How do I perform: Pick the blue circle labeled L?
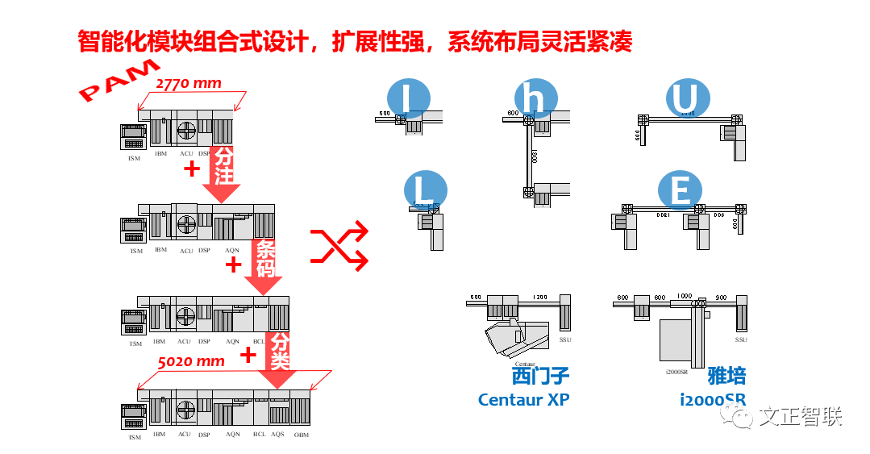coord(424,192)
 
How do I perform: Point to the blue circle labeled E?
coord(680,192)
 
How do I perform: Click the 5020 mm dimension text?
coord(191,361)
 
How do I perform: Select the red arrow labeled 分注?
coord(222,173)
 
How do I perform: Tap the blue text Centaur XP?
coord(523,400)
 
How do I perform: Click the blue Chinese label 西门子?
coord(539,376)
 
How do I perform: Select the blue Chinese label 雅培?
coord(726,376)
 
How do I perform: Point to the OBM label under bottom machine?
coord(301,435)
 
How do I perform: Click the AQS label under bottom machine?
coord(277,434)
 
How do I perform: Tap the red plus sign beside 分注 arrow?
coord(191,169)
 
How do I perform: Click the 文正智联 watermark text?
coord(800,417)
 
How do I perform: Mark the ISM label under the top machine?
coord(134,158)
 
